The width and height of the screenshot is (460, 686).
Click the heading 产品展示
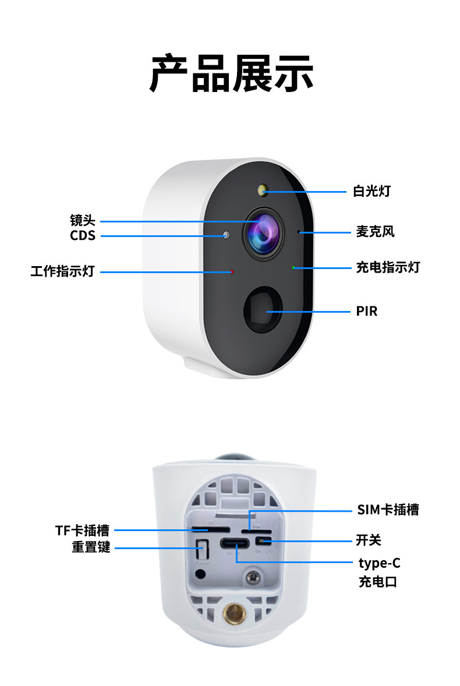231,74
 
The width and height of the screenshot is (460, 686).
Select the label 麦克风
375,231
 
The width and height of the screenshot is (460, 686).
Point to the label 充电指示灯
388,267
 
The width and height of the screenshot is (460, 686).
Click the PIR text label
367,311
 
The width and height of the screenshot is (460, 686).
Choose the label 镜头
82,221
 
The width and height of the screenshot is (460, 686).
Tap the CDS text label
82,236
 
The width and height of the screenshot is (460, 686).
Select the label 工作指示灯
62,271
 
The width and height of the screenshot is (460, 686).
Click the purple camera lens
263,232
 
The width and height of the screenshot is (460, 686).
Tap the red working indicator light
232,271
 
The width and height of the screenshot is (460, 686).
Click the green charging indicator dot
294,267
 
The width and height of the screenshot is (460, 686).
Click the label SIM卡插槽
388,510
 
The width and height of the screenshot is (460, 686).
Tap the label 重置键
90,547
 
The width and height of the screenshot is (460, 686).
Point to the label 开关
369,540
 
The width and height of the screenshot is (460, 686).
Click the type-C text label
379,563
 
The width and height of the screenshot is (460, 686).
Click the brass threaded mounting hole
235,612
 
